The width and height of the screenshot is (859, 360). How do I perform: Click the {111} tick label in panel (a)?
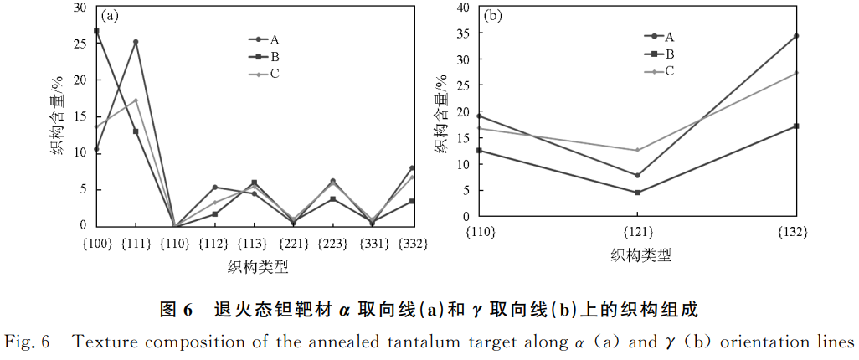coord(136,244)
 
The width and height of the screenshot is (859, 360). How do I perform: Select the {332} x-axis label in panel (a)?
coord(413,244)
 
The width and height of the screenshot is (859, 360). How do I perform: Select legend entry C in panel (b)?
coord(669,71)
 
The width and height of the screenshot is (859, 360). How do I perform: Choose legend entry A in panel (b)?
coord(669,36)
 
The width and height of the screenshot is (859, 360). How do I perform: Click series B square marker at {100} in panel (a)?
coord(96,31)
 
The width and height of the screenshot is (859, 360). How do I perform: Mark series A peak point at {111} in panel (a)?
coord(136,42)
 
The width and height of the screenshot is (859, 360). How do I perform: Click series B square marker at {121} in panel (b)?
coord(638,193)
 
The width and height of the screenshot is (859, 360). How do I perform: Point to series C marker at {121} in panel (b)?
coord(638,150)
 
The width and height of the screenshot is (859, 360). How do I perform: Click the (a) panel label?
coord(110,15)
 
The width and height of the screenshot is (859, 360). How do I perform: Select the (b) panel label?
coord(493,15)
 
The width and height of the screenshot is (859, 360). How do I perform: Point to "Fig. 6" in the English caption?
coord(28,342)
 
